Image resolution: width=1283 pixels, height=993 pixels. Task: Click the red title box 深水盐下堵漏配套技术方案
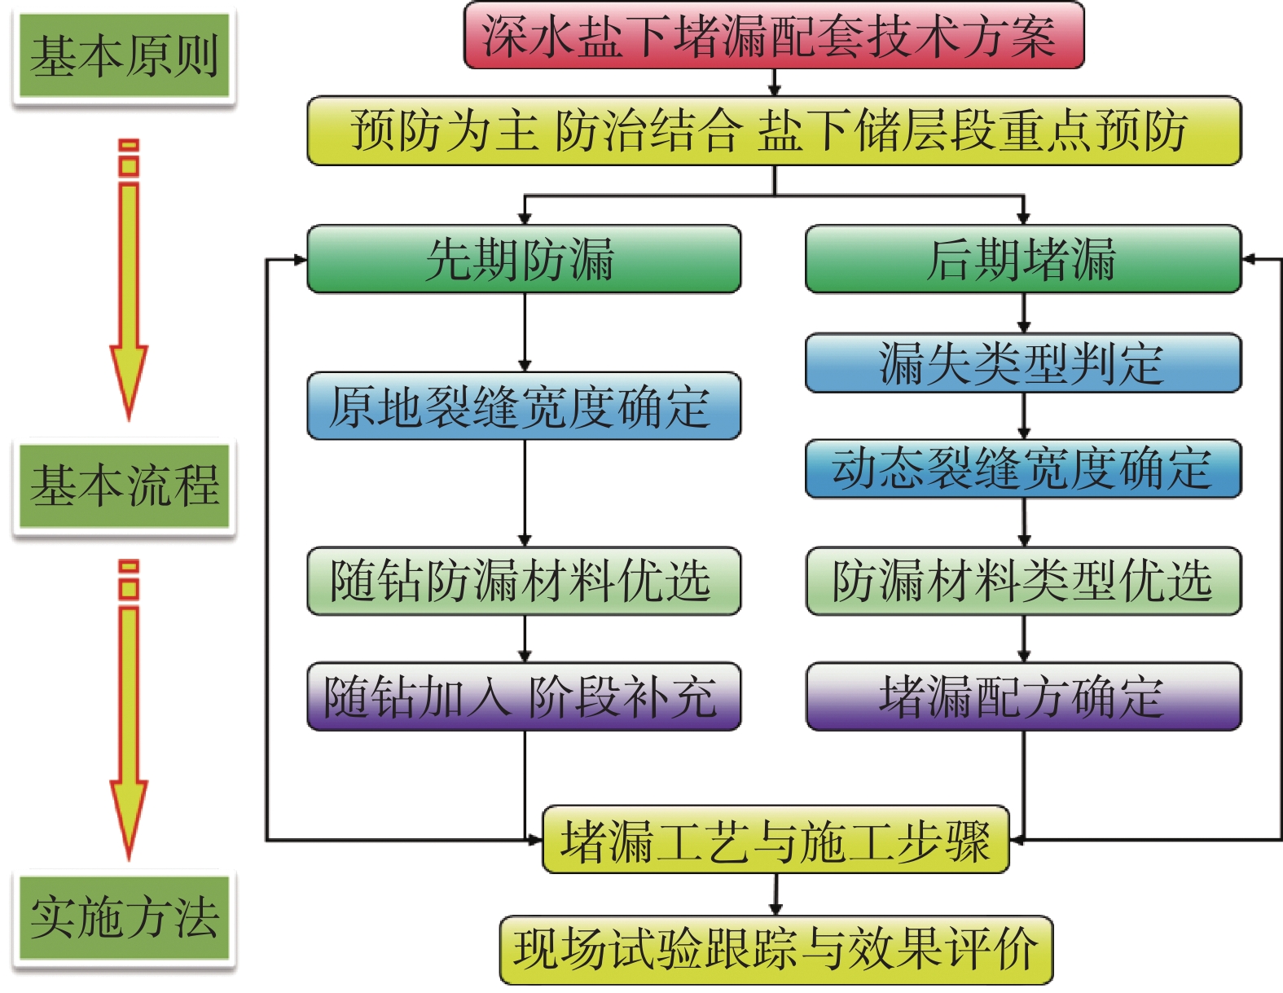click(x=773, y=36)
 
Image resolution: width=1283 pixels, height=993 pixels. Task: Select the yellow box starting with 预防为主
click(x=773, y=131)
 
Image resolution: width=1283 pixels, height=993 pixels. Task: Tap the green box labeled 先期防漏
click(x=523, y=260)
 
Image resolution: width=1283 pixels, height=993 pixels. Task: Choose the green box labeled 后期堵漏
click(x=1022, y=260)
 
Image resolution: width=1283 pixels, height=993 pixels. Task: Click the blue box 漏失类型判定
click(x=1022, y=363)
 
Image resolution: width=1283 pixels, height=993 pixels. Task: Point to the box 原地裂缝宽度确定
click(x=523, y=406)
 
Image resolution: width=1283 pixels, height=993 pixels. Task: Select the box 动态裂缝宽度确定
click(x=1022, y=469)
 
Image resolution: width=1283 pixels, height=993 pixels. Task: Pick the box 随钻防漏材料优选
click(x=523, y=581)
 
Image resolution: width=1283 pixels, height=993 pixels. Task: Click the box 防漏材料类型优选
click(x=1022, y=581)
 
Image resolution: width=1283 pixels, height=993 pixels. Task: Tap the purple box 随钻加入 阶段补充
click(x=523, y=696)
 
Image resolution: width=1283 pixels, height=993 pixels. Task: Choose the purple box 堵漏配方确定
click(x=1022, y=696)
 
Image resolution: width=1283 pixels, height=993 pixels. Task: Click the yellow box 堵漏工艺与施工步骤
click(x=775, y=841)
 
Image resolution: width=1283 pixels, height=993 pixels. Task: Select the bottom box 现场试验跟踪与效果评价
click(x=775, y=950)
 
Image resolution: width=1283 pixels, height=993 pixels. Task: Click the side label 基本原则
click(x=124, y=56)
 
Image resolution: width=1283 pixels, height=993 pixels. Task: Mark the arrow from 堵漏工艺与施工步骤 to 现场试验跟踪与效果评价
click(x=776, y=894)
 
